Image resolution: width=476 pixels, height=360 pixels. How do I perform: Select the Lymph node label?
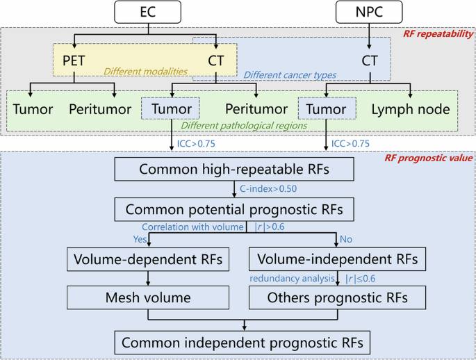pyautogui.click(x=410, y=109)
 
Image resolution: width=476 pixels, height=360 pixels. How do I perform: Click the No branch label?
pyautogui.click(x=345, y=240)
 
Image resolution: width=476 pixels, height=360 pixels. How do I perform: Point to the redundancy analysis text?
pyautogui.click(x=293, y=279)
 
